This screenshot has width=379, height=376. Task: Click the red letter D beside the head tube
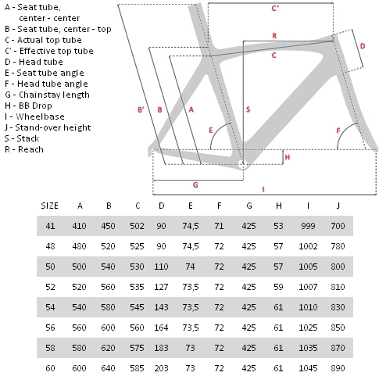[363, 46]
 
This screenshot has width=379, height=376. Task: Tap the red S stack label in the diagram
[248, 109]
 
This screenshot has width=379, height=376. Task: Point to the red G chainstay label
[195, 184]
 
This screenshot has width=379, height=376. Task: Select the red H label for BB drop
[288, 157]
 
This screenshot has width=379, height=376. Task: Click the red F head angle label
[338, 131]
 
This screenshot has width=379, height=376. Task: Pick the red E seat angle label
[211, 130]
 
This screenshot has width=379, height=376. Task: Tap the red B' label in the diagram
[141, 109]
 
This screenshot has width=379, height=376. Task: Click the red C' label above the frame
[275, 9]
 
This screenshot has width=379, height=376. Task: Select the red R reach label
[274, 36]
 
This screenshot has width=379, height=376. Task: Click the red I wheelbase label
[263, 189]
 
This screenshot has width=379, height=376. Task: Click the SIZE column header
[49, 206]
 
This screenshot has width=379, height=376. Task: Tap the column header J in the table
[338, 206]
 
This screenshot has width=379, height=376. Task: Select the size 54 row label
[50, 307]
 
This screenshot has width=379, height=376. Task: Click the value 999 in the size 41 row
[308, 226]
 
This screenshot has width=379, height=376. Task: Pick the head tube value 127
[161, 287]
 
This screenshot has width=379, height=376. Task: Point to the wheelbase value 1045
[308, 368]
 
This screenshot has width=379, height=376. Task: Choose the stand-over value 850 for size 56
[338, 328]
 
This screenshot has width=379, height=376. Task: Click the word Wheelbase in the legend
[40, 116]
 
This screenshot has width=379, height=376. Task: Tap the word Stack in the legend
[28, 138]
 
